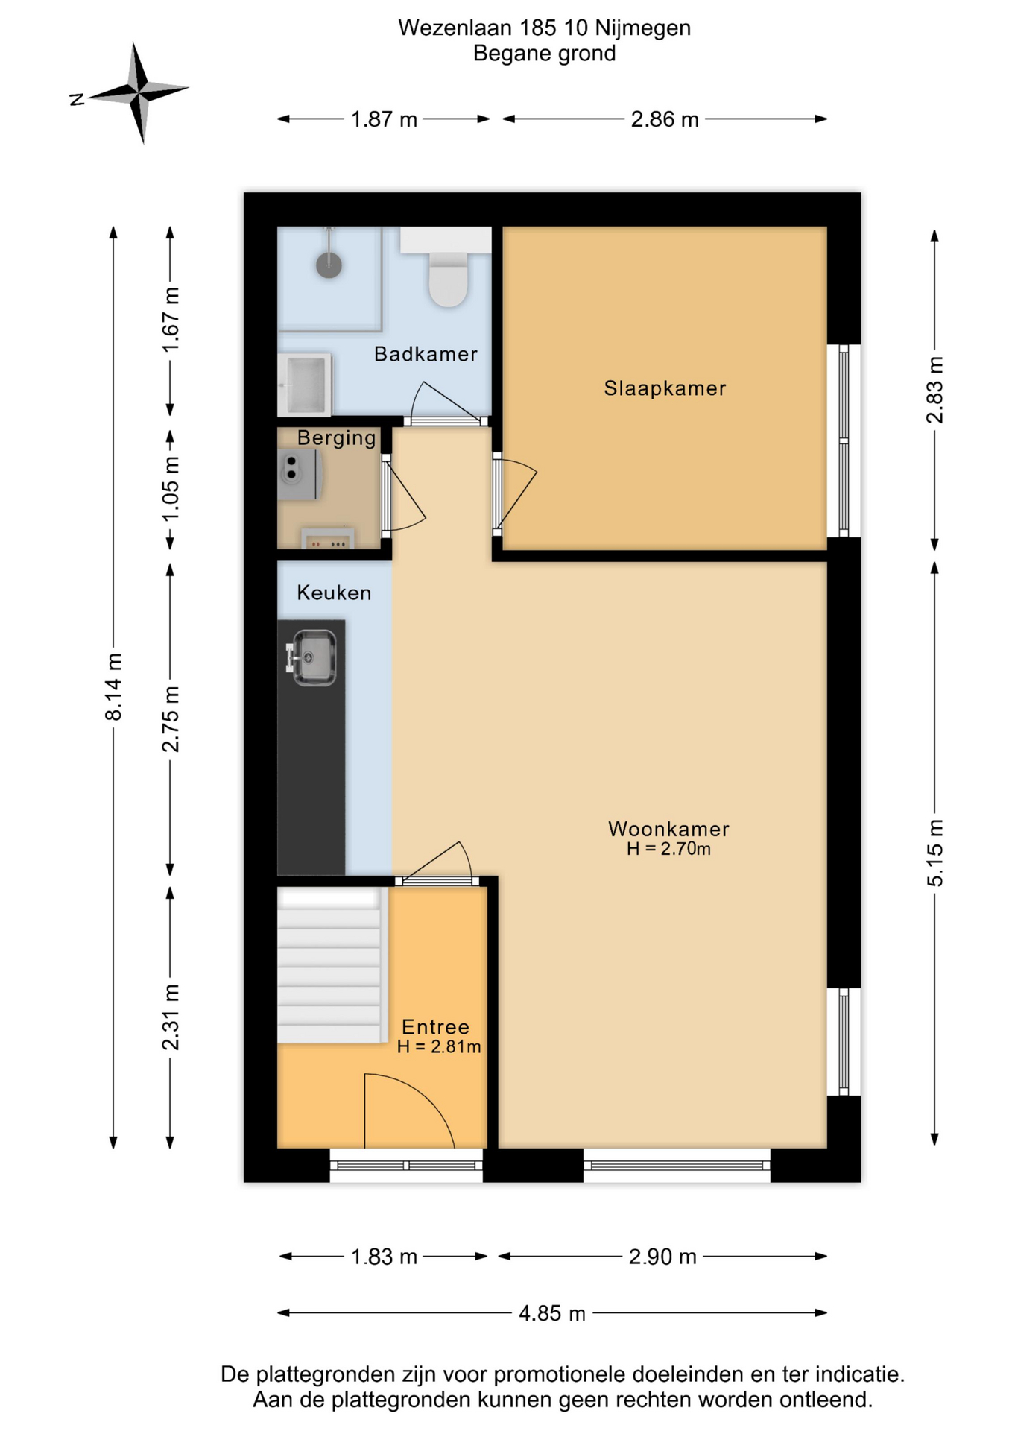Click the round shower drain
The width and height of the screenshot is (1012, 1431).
pos(329,264)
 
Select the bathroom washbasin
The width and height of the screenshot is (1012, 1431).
pos(304,385)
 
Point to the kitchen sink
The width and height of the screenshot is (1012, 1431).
pos(311,657)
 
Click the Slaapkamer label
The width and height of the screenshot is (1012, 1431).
pos(665,388)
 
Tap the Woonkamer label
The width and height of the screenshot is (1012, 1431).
pos(668,829)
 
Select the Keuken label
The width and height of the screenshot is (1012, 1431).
pos(334,593)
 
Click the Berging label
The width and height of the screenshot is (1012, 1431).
pos(337,438)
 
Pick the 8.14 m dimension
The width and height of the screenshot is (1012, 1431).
pos(113,686)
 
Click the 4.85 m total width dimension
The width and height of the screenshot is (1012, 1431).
pos(552,1312)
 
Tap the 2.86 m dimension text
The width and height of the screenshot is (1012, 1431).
pos(665,119)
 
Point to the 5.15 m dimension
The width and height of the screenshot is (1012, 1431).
pos(934,853)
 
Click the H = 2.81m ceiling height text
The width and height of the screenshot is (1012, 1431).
pos(439,1046)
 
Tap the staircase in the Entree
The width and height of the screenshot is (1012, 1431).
pos(329,965)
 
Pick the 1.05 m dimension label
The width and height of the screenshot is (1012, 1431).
pos(171,488)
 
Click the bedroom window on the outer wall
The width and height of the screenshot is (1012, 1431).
pos(844,440)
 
